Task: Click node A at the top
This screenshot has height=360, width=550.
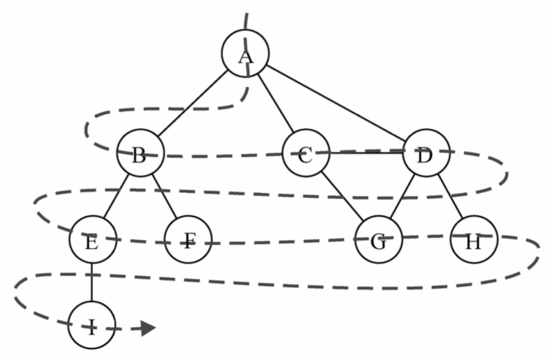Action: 245,53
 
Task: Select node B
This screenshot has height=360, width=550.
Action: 141,153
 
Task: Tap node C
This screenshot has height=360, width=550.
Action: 306,153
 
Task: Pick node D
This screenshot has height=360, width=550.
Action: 426,153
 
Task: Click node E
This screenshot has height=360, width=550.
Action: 92,239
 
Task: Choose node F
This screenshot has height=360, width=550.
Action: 188,239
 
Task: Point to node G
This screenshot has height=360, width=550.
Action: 379,239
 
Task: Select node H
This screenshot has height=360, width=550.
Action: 474,239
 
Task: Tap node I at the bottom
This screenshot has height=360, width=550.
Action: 92,325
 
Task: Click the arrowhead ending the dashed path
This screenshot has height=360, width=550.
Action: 149,328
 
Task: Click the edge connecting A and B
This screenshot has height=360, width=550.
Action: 192,103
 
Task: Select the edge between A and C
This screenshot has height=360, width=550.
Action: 276,103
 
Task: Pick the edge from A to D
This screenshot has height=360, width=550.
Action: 336,103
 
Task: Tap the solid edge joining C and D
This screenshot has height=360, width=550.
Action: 366,153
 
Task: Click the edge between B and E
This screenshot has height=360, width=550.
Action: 116,196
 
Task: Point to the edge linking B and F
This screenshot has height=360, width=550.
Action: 164,196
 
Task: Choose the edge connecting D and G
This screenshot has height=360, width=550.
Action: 403,196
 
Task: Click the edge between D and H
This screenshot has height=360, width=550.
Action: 450,196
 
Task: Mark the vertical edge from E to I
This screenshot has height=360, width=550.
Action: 92,282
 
